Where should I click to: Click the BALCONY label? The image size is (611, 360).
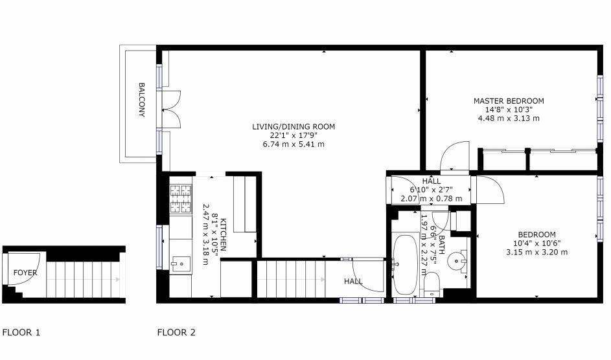pos(141,100)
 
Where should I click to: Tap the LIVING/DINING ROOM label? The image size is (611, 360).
pos(294,127)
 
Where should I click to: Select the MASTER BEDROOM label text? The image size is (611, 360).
pos(509,101)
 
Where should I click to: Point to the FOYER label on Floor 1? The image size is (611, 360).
pos(25,273)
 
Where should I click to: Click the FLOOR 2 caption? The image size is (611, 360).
pos(176,333)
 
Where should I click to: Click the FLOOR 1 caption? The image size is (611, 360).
pos(21,333)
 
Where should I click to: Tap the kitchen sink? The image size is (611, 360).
pos(181,263)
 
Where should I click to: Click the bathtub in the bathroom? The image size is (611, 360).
pos(406,264)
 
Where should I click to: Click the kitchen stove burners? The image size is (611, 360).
pos(181,199)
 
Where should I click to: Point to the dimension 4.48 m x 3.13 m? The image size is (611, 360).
pos(509,118)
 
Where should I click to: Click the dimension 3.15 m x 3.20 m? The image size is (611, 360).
pos(536,252)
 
